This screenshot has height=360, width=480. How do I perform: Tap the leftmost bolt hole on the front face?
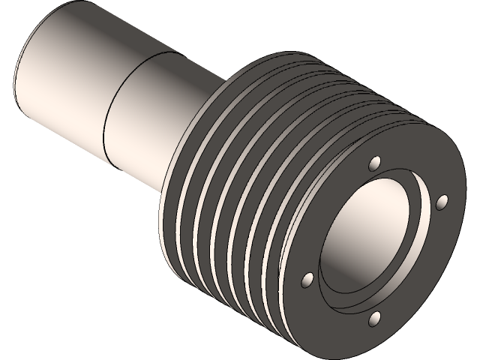[307, 280]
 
